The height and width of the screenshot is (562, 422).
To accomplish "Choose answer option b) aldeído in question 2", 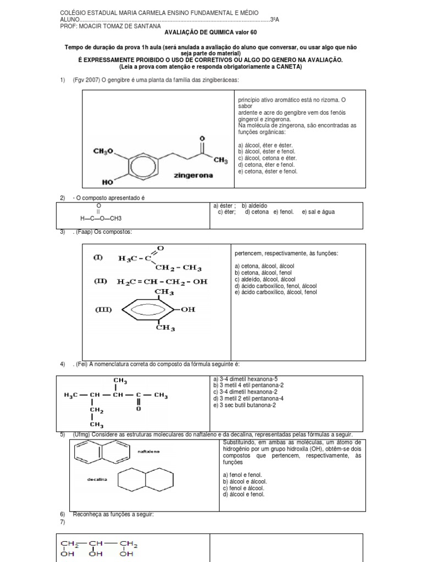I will click(x=254, y=206).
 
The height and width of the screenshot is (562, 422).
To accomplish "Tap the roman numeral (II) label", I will click(x=100, y=282).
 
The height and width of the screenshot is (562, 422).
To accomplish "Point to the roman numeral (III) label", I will click(x=104, y=310).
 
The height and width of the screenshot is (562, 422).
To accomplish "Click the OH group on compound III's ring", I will click(x=188, y=310).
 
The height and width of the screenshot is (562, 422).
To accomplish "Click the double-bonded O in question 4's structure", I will click(x=138, y=408).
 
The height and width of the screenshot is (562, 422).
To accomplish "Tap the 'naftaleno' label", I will click(x=149, y=451).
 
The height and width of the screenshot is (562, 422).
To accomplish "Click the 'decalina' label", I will click(x=96, y=479).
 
